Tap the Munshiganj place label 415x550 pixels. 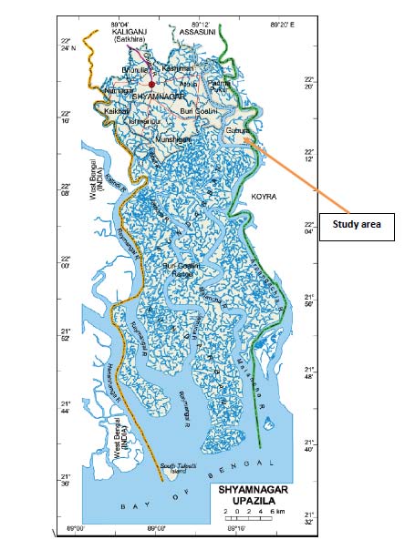[x=173, y=139]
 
